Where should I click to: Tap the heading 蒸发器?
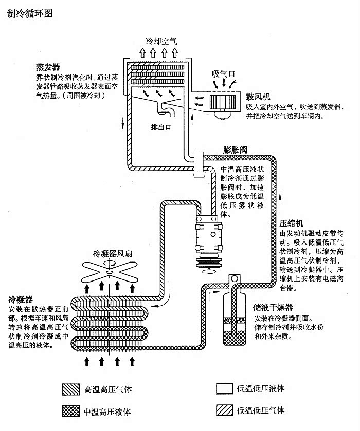pos(48,67)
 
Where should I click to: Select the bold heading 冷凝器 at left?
pos(21,299)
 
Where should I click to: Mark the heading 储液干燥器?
pos(273,307)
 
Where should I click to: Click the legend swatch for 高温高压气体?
pos(69,389)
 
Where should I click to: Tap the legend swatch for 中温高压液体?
pos(69,411)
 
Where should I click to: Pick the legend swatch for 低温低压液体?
pos(224,389)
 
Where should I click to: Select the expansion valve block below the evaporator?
pos(198,165)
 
